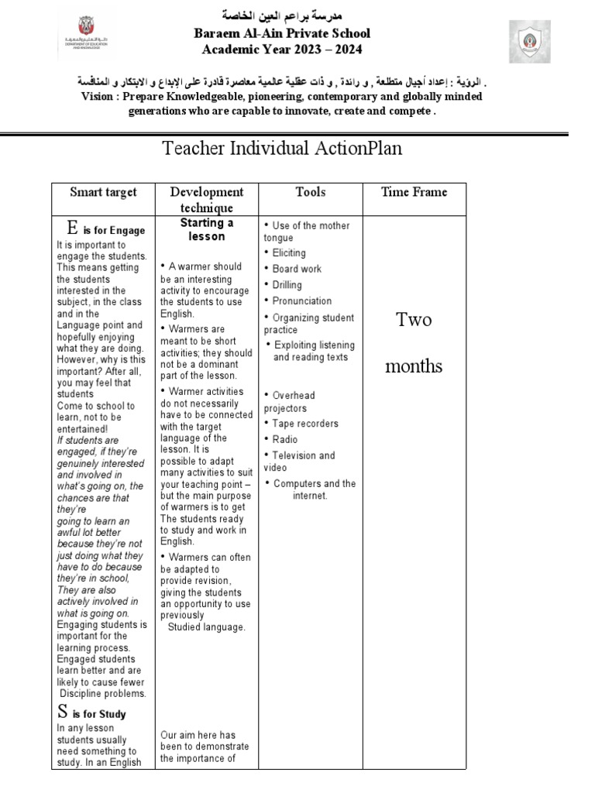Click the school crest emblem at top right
coord(530,42)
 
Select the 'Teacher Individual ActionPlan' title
coord(283,148)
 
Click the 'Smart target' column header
coord(103,192)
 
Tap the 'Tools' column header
coord(310,192)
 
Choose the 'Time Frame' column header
coord(414,192)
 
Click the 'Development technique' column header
coord(206,200)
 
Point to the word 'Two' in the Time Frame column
coord(414,320)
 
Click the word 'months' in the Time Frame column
coord(414,366)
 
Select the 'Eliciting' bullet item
coord(288,252)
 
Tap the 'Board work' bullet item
coord(296,269)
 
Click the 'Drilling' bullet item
coord(287,285)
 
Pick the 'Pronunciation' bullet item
coord(301,301)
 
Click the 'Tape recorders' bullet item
coord(304,424)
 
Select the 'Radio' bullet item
coord(284,440)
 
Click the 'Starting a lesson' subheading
coord(207,230)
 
